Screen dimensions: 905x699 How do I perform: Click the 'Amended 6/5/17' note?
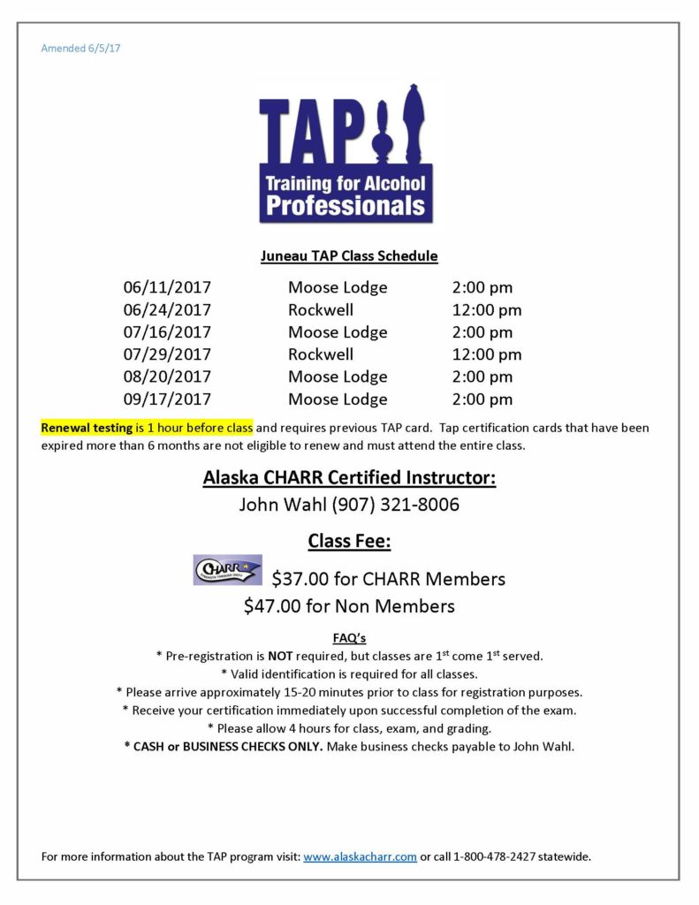pos(80,48)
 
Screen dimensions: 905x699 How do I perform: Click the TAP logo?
pos(346,152)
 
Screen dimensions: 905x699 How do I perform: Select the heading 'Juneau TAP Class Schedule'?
pos(349,256)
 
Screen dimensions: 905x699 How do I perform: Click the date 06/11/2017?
pos(167,287)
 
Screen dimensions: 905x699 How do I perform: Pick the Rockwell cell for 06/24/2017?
pos(320,310)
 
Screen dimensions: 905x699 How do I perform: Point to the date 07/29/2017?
pos(167,354)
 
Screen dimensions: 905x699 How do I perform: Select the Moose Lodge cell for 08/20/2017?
pos(337,377)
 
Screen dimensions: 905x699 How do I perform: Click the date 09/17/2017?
pos(167,399)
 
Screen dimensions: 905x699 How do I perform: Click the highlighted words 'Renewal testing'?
pos(87,428)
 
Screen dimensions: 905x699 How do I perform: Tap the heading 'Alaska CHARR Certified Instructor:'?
pos(349,478)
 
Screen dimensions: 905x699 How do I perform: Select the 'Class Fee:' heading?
pos(349,541)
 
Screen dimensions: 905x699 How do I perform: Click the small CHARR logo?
pos(227,570)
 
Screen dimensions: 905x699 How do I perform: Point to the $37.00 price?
pos(300,579)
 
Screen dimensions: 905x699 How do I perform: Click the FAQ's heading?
pos(349,637)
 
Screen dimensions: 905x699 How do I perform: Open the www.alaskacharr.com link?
pos(360,856)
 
